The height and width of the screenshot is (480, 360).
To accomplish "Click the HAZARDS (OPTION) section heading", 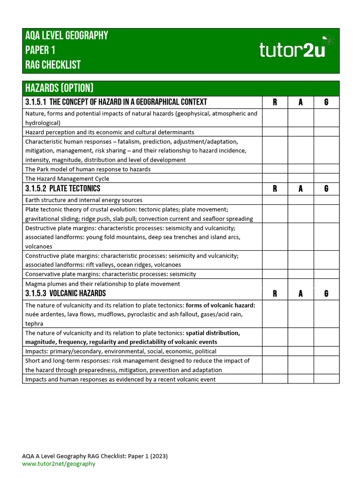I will [60, 88].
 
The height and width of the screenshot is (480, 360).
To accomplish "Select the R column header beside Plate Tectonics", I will [275, 189].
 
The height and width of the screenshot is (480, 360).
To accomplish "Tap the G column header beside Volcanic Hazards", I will [326, 294].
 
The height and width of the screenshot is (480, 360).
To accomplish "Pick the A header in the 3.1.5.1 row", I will [300, 102].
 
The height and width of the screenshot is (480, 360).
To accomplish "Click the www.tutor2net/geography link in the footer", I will [59, 464].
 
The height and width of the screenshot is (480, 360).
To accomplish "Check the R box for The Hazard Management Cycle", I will [275, 179].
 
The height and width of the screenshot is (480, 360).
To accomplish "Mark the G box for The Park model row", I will [326, 169].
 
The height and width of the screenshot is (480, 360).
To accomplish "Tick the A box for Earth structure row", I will [300, 200].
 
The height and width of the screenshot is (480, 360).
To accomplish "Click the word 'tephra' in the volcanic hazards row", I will [34, 323].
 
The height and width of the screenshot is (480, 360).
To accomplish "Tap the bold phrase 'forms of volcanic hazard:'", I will [220, 305].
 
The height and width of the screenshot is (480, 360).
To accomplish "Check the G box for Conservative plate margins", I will [326, 274].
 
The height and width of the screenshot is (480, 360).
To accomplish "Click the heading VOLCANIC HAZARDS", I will [77, 294].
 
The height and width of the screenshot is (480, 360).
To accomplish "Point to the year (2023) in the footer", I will [158, 456].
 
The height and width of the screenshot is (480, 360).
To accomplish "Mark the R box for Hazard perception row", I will [275, 132].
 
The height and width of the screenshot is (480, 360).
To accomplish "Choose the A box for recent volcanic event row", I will [300, 379].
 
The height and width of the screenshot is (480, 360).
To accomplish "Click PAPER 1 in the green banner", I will [40, 50].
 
